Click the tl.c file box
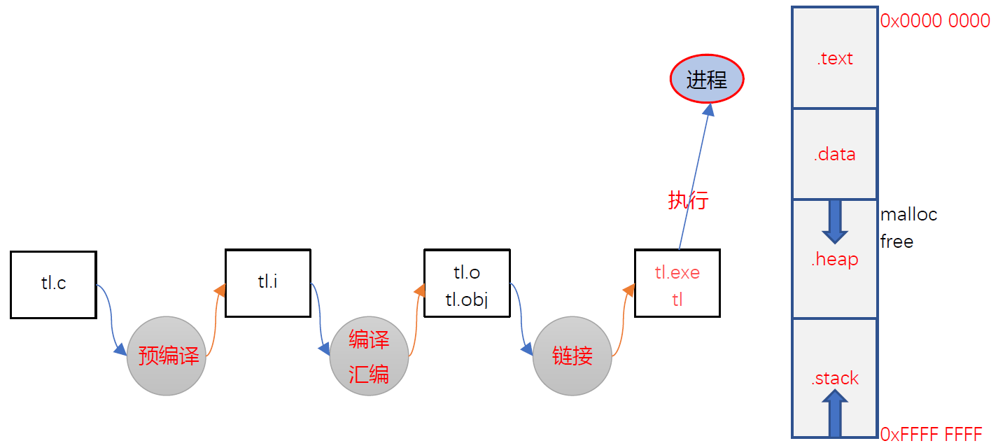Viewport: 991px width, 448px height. tap(53, 285)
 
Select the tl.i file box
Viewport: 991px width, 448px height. tap(267, 283)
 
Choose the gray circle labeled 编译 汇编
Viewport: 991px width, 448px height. tap(369, 356)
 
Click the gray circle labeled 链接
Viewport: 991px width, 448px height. tap(572, 356)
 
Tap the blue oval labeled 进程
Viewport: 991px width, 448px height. tap(707, 80)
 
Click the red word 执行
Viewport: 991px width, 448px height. tap(688, 201)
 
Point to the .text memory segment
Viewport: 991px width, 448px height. tap(834, 59)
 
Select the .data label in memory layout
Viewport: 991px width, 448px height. tap(834, 155)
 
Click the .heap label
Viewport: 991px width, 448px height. tap(834, 260)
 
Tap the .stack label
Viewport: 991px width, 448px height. tap(834, 379)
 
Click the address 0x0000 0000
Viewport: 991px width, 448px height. tap(934, 21)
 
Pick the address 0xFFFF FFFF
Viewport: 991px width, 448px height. tap(931, 435)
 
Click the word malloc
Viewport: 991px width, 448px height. tap(908, 214)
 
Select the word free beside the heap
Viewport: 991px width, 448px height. tap(897, 241)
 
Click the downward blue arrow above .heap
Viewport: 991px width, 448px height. tap(834, 221)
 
